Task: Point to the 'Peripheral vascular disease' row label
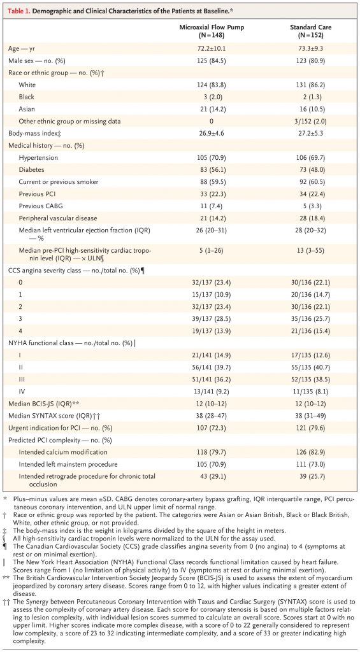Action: (x=51, y=218)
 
